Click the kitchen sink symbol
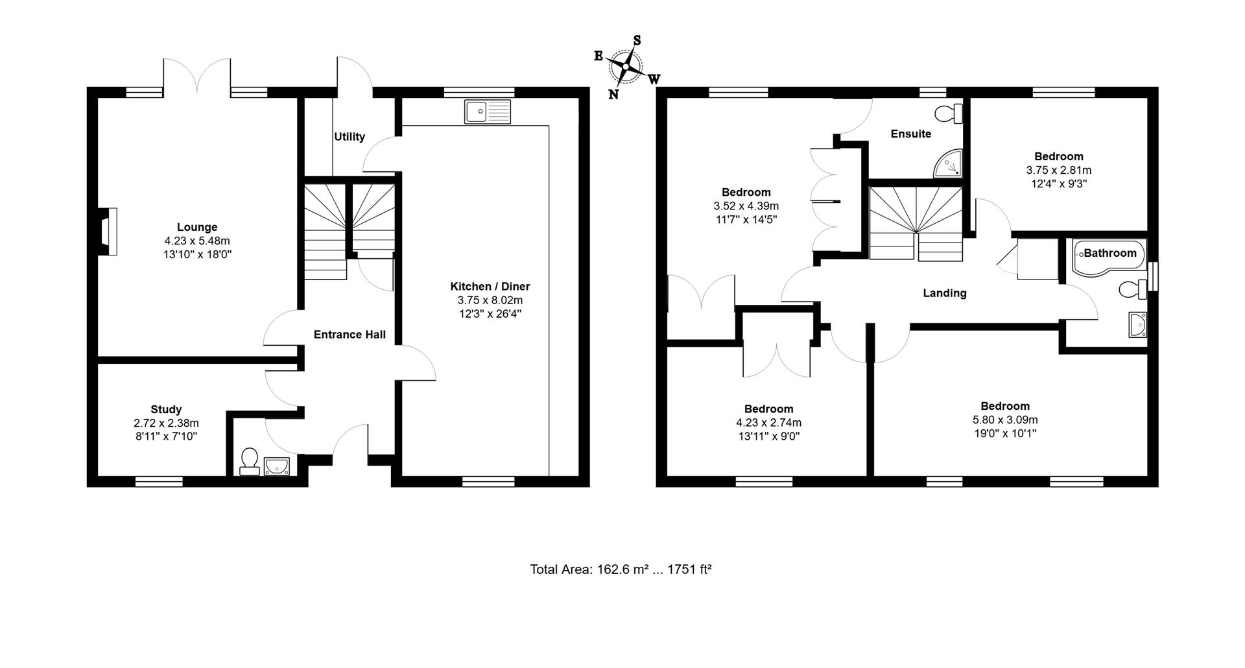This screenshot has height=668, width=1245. click(488, 112)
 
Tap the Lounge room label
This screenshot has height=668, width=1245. click(197, 227)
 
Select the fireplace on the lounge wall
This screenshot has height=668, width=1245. click(108, 231)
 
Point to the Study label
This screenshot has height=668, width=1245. click(166, 409)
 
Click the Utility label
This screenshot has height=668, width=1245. click(350, 137)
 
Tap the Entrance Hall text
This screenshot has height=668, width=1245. click(350, 335)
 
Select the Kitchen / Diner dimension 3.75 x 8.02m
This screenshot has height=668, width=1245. click(490, 300)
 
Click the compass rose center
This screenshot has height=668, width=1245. click(626, 66)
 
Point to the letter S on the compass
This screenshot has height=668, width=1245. click(637, 40)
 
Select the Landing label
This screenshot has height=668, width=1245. click(944, 293)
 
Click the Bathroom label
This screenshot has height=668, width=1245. click(1110, 253)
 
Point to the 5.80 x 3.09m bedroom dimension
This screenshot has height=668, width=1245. click(1004, 420)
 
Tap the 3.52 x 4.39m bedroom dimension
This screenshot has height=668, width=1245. click(746, 206)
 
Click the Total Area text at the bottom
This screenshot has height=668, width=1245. click(621, 569)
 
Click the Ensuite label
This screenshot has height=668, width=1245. click(910, 134)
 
